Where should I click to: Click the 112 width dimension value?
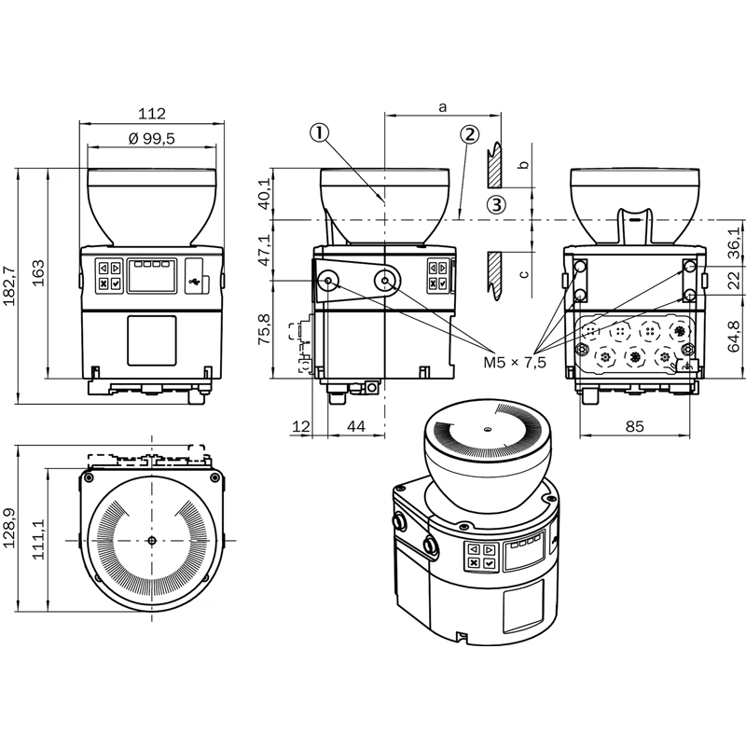152,114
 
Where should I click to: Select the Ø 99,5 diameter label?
152,138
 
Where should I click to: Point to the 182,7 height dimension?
9,285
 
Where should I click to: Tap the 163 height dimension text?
38,272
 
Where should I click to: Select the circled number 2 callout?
469,134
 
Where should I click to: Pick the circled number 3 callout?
496,205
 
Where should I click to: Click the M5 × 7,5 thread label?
515,363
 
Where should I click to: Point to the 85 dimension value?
634,426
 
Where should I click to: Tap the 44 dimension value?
356,426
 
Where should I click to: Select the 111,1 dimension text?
38,539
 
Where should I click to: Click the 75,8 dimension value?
264,329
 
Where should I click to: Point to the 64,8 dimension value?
735,337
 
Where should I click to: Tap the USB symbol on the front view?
194,283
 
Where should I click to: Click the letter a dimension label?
442,107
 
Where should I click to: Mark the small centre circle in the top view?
152,541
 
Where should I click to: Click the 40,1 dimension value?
264,194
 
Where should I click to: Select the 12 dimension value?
300,426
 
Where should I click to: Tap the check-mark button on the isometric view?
489,563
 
